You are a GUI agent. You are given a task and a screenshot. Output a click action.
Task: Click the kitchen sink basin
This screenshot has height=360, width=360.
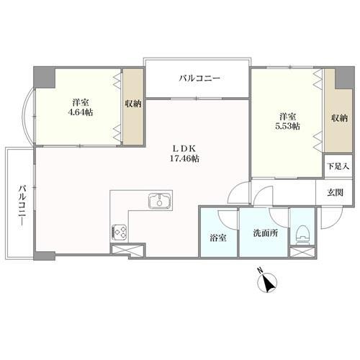[160, 201]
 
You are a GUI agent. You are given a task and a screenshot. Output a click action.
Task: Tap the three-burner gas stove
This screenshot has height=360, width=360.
[120, 232]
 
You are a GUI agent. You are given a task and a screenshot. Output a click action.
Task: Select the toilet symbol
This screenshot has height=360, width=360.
[302, 235]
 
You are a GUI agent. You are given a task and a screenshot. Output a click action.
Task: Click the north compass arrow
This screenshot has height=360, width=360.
[268, 283]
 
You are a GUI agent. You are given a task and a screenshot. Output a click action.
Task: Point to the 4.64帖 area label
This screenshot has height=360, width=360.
[81, 112]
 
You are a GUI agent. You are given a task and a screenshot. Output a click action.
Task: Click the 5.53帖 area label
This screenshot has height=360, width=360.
[287, 127]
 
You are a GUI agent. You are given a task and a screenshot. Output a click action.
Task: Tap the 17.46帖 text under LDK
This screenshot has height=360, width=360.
[184, 158]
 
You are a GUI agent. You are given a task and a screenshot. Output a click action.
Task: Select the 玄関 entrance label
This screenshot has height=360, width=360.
[335, 192]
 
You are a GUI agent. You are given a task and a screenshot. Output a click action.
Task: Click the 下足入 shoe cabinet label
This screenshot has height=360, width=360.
[338, 166]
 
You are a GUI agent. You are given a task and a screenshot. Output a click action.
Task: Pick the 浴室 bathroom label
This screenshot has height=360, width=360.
[218, 238]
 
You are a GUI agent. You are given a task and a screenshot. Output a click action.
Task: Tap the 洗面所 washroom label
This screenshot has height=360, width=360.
[266, 233]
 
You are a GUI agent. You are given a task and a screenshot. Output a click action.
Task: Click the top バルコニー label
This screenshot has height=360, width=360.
[199, 78]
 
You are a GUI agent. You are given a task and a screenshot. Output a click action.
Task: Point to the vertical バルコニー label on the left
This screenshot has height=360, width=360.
[22, 205]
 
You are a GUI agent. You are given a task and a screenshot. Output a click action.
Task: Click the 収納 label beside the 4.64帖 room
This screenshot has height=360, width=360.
[133, 104]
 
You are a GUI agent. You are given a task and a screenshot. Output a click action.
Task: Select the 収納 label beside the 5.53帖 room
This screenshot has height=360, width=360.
[340, 118]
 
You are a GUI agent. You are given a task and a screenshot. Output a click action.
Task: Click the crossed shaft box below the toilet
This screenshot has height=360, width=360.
[302, 252]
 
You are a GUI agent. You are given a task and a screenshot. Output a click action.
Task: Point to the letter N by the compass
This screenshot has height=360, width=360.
[260, 271]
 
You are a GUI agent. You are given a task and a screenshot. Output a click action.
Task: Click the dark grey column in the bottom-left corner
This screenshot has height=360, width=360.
[44, 256]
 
